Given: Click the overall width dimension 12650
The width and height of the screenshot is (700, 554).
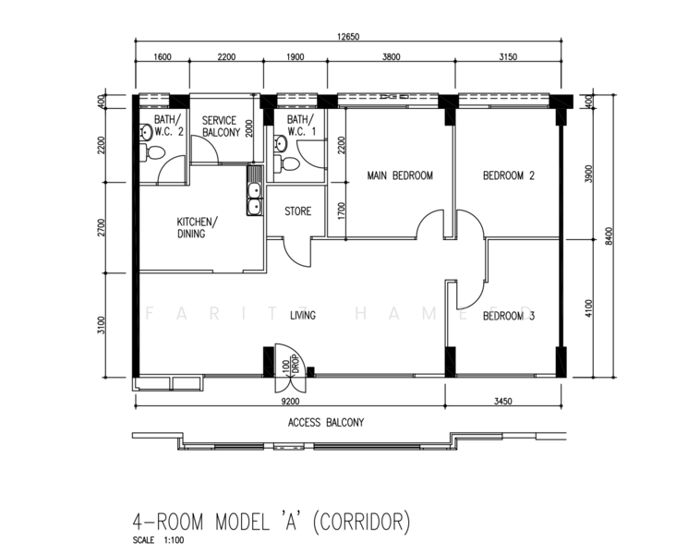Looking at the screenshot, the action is [348, 37].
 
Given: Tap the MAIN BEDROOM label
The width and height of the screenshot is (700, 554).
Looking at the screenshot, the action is [400, 175].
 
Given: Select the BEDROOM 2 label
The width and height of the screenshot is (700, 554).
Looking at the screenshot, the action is [509, 175].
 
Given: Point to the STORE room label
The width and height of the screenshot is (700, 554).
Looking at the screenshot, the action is [297, 211].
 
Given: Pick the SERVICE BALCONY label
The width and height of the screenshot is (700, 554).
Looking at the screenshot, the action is [221, 126].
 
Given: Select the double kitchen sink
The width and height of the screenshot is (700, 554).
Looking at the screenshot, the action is [254, 190].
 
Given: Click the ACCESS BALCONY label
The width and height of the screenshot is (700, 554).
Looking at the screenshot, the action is [326, 422].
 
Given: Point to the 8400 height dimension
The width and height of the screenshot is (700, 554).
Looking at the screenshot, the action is [610, 235].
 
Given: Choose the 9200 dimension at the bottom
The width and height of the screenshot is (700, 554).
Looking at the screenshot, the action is [290, 402].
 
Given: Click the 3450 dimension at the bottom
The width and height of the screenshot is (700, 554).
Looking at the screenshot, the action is [503, 402].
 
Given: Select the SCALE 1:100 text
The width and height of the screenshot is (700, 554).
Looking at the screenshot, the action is [158, 540].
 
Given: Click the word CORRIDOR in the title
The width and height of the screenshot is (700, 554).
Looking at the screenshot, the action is [361, 522].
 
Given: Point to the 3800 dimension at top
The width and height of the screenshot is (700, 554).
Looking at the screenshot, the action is [391, 57].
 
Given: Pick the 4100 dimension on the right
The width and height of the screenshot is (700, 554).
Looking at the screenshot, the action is [588, 308].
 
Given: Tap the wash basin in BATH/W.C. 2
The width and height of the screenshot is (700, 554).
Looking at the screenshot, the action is [146, 133].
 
